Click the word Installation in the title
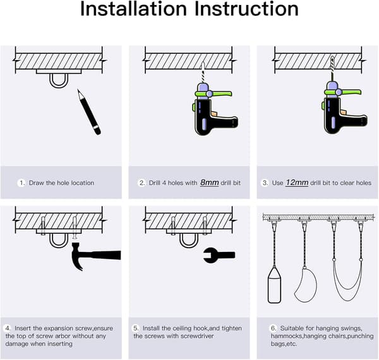click(133, 9)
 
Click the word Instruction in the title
click(246, 9)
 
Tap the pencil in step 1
click(88, 112)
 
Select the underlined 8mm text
click(209, 183)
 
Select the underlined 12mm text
click(297, 183)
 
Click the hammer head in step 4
click(80, 256)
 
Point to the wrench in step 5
click(219, 255)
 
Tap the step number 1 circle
click(21, 183)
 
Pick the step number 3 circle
click(265, 183)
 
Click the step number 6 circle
click(274, 328)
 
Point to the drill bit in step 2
click(203, 73)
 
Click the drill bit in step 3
click(332, 69)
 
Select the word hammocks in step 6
click(286, 336)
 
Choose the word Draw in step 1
click(37, 183)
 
